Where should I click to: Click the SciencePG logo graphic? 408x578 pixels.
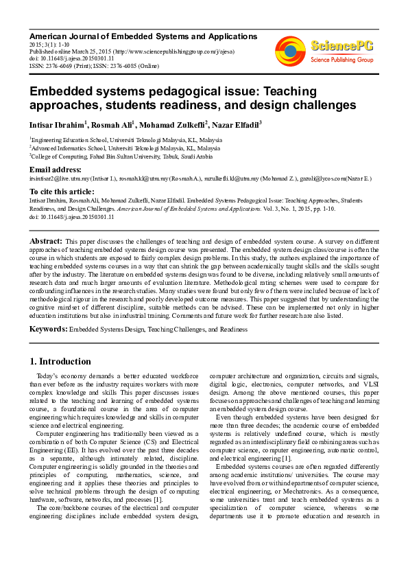tap(291, 49)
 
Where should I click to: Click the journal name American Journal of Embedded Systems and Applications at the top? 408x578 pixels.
tap(143, 36)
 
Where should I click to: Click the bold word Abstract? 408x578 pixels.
tap(45, 242)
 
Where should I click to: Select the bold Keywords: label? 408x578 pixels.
tap(48, 330)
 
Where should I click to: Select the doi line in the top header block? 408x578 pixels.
tap(72, 58)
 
